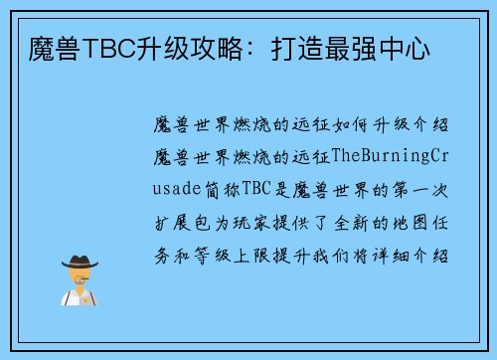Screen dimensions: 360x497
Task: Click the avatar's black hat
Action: click(80, 262)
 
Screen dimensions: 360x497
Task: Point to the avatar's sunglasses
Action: click(80, 275)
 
